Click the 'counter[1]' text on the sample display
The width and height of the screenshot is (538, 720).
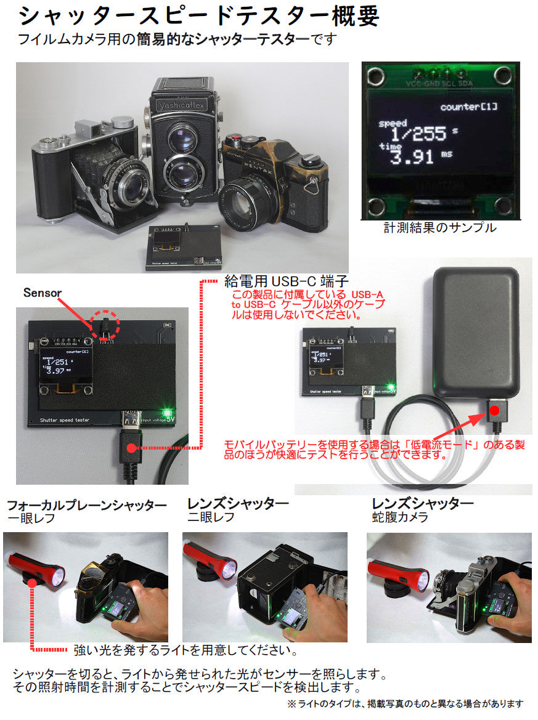468,107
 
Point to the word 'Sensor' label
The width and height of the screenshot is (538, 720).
43,293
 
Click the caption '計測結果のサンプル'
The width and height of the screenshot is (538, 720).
439,228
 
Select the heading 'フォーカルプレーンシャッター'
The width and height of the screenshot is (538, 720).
87,506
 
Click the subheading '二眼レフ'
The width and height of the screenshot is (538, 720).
211,517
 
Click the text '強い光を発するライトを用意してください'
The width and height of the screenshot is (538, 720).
185,650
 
